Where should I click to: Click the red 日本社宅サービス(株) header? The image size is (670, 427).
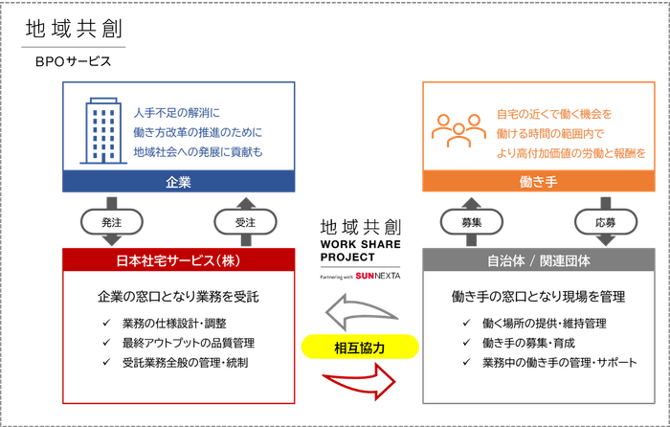(x=178, y=259)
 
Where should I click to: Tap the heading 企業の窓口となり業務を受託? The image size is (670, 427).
(x=178, y=297)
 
